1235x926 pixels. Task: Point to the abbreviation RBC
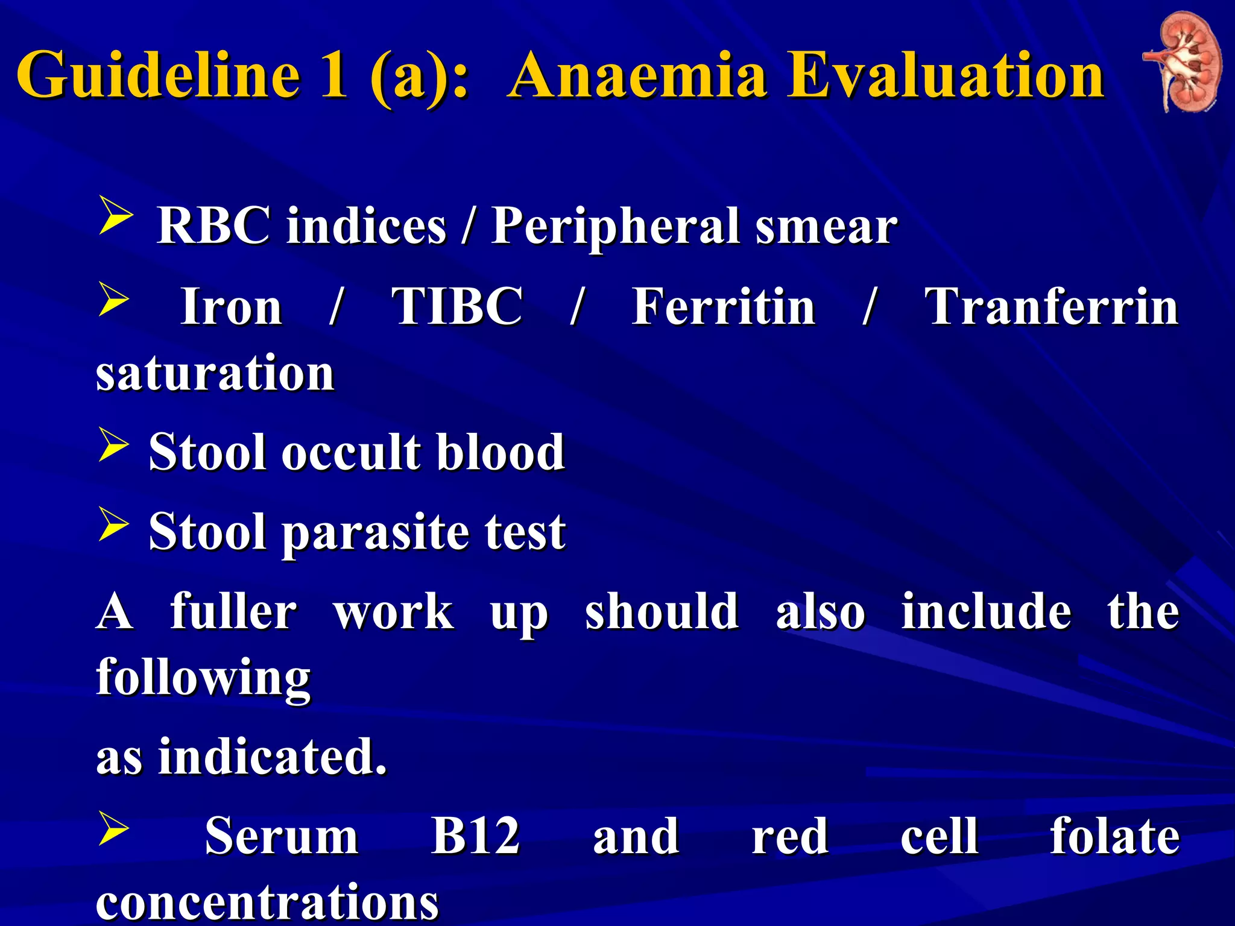[213, 225]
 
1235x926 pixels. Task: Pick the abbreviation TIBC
[457, 306]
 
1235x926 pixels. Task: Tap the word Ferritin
[723, 306]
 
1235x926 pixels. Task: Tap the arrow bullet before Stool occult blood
[113, 447]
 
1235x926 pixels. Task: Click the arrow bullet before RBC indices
[115, 218]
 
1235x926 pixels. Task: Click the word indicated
[272, 757]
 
